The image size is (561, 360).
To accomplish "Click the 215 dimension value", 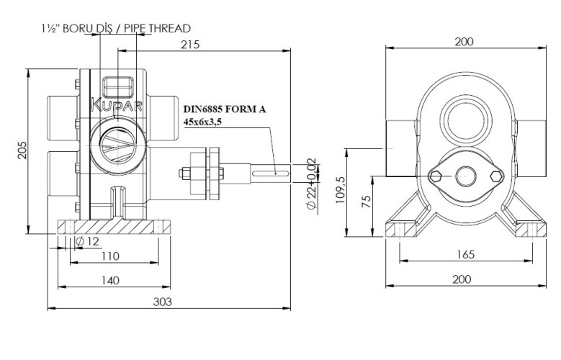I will [x=190, y=45].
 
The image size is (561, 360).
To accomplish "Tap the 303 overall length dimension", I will [x=163, y=302].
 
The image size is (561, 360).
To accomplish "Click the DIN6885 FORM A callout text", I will [x=224, y=109].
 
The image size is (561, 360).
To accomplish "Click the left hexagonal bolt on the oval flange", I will [x=435, y=176].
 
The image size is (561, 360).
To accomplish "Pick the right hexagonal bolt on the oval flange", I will [x=495, y=176].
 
